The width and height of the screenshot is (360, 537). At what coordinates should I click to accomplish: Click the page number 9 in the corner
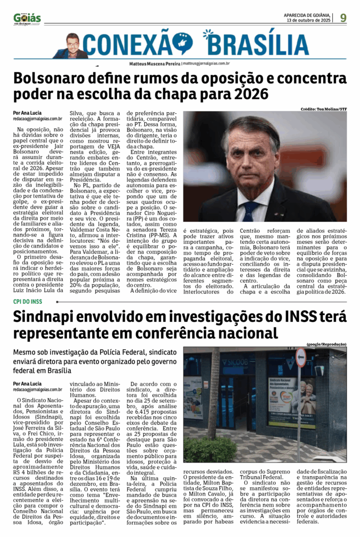click(x=343, y=17)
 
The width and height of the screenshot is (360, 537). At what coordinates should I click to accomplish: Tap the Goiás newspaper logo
click(x=27, y=18)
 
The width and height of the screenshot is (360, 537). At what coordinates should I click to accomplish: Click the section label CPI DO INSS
click(x=27, y=302)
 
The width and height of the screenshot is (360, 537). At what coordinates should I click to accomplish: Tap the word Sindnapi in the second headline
click(x=50, y=317)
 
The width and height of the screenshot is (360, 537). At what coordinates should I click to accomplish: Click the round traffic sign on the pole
click(x=301, y=357)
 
